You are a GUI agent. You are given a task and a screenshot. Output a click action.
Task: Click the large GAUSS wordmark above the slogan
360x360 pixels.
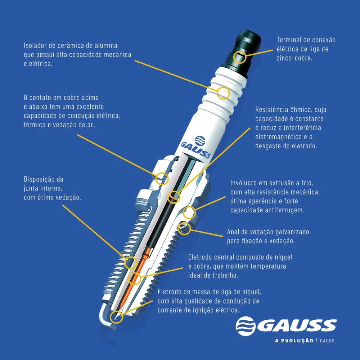pos(296,325)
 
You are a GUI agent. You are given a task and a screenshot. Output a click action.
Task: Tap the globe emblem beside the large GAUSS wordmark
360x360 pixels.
pos(246,326)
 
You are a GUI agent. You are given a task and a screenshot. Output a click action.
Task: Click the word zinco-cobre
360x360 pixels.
pos(294,58)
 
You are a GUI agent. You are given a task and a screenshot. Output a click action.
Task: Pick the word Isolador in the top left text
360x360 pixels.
pos(35,45)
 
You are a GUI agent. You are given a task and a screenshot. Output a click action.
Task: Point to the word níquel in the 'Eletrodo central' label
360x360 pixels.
pos(282,257)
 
